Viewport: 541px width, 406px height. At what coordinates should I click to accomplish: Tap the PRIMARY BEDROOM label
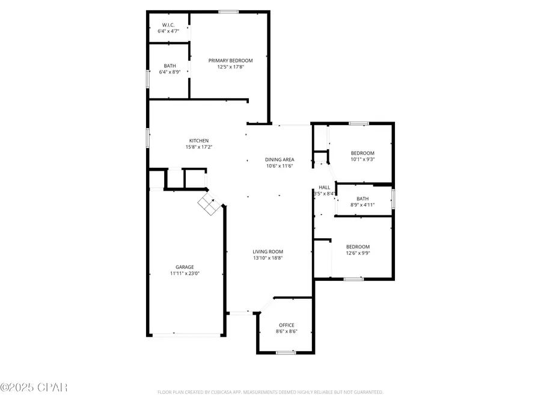coord(230,60)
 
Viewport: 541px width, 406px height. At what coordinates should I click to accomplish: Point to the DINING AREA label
coord(280,159)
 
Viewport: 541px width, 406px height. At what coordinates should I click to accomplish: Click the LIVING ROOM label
coord(268,251)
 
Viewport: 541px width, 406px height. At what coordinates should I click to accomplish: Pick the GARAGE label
coord(185,267)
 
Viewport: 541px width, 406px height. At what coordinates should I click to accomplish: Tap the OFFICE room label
coord(286,325)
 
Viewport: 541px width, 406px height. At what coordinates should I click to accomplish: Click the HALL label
coord(325,187)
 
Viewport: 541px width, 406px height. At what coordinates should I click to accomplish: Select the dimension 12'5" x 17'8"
coord(230,67)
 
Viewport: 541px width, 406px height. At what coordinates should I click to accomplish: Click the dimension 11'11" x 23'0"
coord(185,274)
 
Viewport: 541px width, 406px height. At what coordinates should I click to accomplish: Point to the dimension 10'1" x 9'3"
coord(362,159)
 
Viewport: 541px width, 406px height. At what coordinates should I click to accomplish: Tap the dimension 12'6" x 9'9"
coord(358,253)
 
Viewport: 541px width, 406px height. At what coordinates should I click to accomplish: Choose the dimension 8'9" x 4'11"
coord(362,205)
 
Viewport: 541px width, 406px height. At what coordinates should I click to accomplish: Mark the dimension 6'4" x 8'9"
coord(170,72)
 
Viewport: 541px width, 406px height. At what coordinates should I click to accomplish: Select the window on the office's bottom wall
coord(286,352)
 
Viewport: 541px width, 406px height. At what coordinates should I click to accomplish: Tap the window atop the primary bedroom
coord(228,11)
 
